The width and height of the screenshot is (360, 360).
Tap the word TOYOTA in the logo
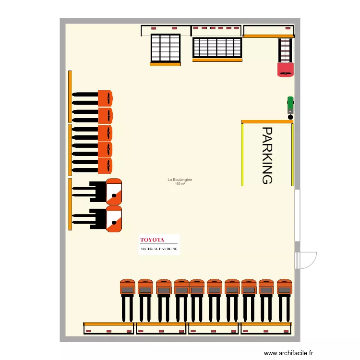(x=152, y=240)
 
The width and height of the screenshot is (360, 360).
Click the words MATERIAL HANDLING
(x=159, y=249)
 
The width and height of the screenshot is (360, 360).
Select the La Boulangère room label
(x=180, y=180)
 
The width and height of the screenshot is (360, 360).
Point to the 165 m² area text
(x=180, y=184)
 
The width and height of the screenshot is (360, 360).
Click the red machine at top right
(x=286, y=69)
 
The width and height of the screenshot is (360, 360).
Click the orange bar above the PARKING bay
(x=267, y=122)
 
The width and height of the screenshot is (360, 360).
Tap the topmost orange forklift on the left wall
(x=94, y=98)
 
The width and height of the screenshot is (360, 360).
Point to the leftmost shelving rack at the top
(x=165, y=48)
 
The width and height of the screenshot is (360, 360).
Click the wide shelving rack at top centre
(x=217, y=48)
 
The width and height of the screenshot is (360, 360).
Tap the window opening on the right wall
(x=298, y=216)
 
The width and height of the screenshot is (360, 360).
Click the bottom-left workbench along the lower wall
(x=108, y=328)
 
